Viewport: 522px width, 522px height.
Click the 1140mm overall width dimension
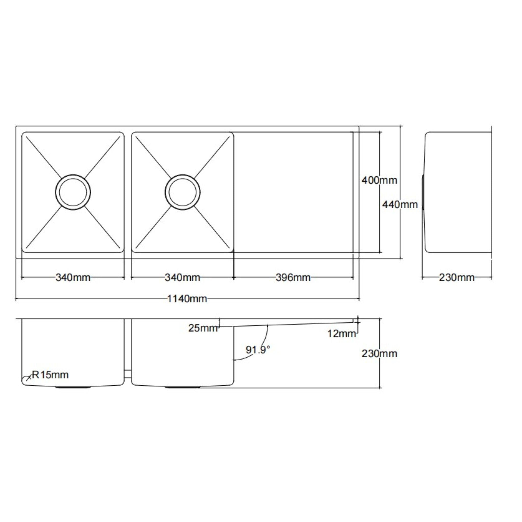187,299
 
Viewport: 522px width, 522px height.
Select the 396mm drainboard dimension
293,278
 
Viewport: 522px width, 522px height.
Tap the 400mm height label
379,180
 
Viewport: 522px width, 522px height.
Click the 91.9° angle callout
257,350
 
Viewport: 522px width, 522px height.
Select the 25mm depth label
203,328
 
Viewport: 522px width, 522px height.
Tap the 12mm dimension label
342,334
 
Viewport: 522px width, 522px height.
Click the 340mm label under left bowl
73,278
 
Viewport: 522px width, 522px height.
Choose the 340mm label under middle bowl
182,278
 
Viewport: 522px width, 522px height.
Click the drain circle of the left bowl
73,192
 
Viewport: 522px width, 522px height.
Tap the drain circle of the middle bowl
182,192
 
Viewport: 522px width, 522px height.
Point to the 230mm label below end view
456,278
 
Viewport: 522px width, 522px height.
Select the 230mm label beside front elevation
379,354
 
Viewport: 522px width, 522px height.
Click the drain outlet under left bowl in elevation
73,387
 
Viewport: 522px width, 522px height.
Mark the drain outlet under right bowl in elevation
183,387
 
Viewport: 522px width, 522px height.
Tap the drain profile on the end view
423,192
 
